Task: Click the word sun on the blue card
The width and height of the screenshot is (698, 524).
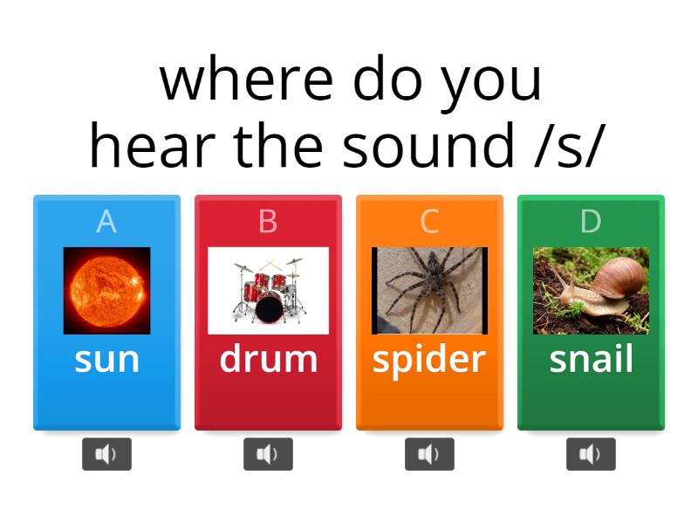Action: point(106,359)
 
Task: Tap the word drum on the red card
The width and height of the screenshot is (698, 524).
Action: point(268,359)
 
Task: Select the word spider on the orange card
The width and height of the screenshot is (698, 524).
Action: point(429,360)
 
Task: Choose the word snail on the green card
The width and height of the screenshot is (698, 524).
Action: point(591,359)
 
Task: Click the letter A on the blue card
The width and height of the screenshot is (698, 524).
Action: point(106,222)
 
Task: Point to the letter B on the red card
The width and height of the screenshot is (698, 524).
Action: point(268,222)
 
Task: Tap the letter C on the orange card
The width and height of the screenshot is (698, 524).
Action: point(429,222)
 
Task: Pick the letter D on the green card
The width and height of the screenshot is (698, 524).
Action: point(591,222)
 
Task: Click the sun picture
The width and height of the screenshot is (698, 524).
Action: point(106,290)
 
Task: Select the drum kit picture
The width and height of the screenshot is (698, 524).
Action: point(268,290)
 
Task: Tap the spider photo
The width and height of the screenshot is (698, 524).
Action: point(429,290)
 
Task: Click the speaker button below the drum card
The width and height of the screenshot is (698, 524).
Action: point(268,454)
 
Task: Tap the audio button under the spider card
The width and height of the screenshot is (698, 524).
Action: point(429,454)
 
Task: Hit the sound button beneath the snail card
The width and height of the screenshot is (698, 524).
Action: point(591,454)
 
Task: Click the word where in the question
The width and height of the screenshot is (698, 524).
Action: point(247,80)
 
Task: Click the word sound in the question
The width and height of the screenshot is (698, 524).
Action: point(428,147)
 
